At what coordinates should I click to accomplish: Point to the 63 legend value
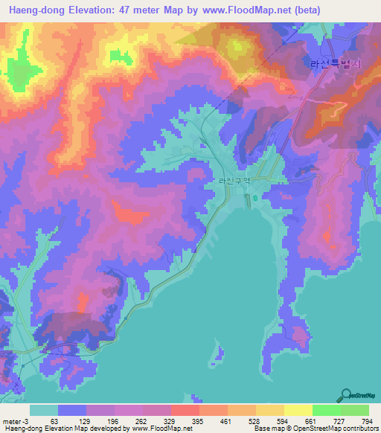coord(54,420)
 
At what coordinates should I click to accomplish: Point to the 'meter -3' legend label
coord(17,420)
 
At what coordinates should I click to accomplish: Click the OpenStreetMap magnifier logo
coord(345,394)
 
